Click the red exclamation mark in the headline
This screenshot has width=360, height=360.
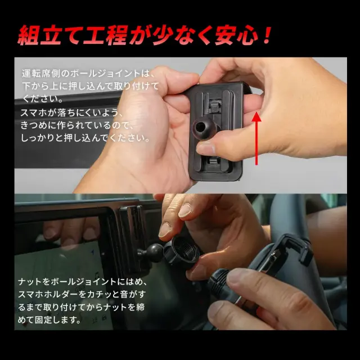(x=267, y=35)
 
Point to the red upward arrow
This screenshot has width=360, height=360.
(x=256, y=138)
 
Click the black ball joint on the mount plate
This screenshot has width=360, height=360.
(x=202, y=127)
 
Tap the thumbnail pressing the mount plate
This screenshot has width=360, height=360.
(x=205, y=148)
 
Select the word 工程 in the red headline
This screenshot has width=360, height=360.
(x=105, y=35)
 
